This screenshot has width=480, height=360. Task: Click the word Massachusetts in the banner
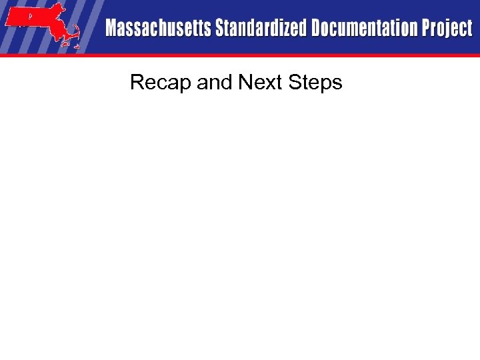point(157,29)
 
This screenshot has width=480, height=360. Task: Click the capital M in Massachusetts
point(112,29)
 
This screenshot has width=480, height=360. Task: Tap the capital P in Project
point(425,29)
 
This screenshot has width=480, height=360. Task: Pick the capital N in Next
point(244,83)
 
